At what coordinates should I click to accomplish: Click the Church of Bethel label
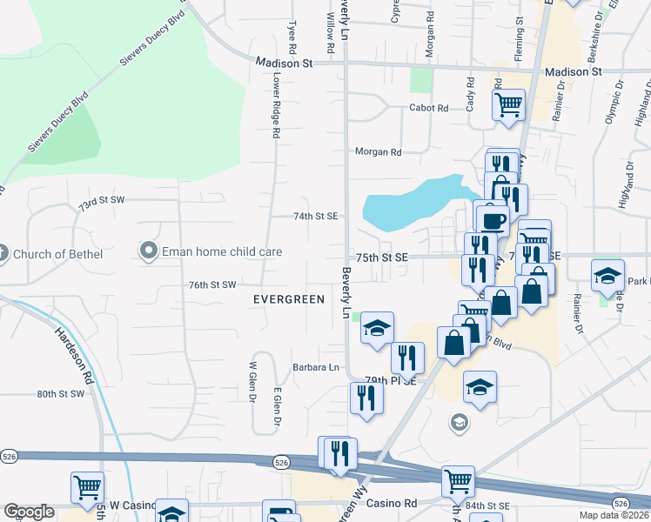point(58,254)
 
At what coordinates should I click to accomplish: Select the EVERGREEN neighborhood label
point(288,299)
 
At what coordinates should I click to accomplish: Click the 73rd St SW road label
point(101,201)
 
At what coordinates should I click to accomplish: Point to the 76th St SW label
point(212,284)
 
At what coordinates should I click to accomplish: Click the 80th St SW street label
point(61,394)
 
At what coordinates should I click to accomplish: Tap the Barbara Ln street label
point(315,367)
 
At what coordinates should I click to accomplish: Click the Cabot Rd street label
point(429,108)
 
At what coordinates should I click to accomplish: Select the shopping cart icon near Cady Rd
point(509,105)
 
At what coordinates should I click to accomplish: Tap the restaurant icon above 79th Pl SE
point(406,357)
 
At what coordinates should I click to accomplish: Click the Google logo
point(28,512)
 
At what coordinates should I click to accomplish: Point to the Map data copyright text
point(614,516)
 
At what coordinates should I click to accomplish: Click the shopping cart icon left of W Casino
point(87,489)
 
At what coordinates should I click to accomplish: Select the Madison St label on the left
point(284,64)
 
